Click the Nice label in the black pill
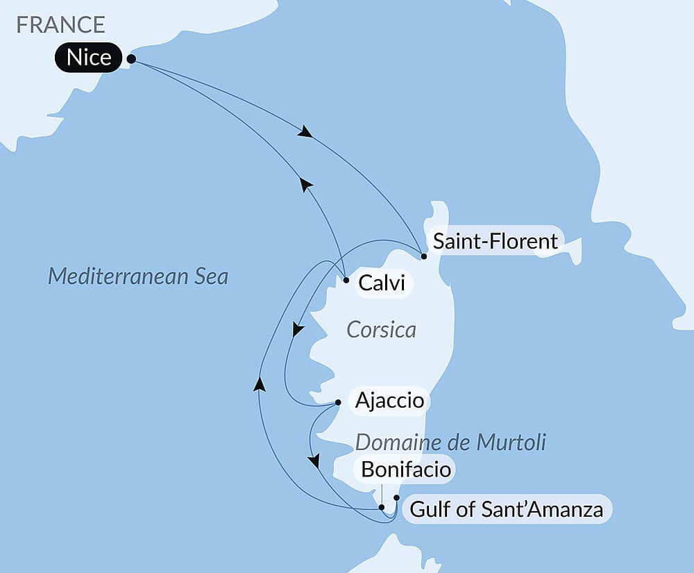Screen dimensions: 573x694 (89, 58)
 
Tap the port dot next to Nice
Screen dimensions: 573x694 (131, 60)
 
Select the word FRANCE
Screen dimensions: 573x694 (61, 24)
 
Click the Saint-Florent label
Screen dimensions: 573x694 (495, 241)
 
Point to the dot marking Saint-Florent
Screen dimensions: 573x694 (423, 256)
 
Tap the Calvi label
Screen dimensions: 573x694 (382, 283)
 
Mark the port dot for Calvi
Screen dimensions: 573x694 (346, 281)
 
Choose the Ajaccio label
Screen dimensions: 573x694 (389, 401)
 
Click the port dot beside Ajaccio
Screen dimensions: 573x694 (338, 402)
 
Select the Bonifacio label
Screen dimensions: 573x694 (407, 470)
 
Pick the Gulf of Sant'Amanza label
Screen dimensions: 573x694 (506, 510)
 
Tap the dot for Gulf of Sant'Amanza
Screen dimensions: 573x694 (396, 497)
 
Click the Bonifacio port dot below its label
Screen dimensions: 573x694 (382, 507)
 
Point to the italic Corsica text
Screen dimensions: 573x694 (381, 329)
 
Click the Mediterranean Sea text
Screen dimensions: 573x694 (137, 276)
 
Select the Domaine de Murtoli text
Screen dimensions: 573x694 (450, 442)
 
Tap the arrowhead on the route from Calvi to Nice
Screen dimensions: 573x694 (305, 183)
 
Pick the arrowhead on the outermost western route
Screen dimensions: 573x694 (260, 383)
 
